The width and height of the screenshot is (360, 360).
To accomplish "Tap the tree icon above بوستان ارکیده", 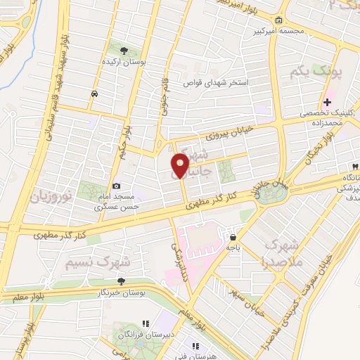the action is coord(124,51).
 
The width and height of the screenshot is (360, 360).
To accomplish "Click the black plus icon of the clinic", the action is coord(328,103).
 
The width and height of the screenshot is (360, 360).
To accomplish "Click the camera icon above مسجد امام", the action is coord(116,186).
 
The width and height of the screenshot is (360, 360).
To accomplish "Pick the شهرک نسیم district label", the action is coord(98,263).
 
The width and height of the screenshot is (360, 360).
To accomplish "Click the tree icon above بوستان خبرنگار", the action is coord(121,281).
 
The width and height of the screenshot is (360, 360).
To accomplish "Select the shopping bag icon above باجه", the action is coord(232,236).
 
